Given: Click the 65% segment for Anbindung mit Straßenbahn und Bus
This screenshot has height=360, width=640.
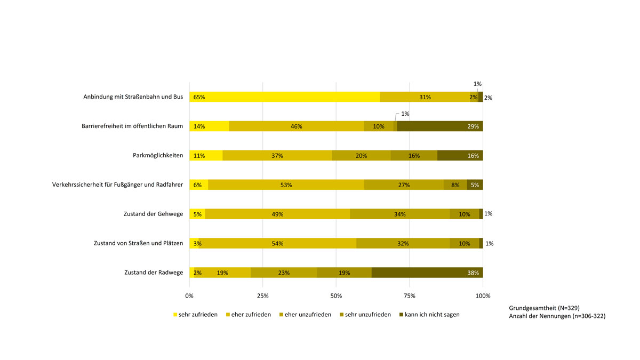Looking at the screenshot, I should (284, 97).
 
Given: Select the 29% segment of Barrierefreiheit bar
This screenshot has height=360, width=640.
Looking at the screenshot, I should (440, 126).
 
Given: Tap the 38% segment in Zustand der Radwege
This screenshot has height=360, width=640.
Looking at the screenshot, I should (427, 273).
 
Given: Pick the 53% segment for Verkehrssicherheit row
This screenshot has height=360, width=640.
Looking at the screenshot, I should (286, 185).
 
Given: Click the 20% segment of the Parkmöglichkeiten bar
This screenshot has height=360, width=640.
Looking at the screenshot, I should (361, 156).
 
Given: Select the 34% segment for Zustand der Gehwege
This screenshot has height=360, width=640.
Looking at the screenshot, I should (399, 214).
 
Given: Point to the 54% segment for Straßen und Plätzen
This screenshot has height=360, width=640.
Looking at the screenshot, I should (277, 243).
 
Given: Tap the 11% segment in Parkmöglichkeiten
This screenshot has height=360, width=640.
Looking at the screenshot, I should (206, 156).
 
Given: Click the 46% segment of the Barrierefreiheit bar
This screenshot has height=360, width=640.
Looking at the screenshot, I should (297, 126).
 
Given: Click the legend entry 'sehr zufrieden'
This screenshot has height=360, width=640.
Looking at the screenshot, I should (195, 315).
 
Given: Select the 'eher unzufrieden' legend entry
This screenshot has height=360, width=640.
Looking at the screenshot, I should (308, 315).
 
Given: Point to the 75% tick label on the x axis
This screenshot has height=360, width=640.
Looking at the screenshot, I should (409, 295).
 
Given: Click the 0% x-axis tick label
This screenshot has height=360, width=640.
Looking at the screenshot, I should (189, 295).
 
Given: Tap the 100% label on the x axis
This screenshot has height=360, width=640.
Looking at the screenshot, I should (483, 295).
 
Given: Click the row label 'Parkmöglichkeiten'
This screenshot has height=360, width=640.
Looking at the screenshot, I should (158, 156).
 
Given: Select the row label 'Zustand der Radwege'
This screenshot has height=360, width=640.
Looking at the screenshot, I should (153, 273).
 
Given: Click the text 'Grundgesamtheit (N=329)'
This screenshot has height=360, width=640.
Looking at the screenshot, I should (544, 308).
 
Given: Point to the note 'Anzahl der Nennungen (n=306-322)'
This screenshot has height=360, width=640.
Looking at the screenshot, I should (557, 316).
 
